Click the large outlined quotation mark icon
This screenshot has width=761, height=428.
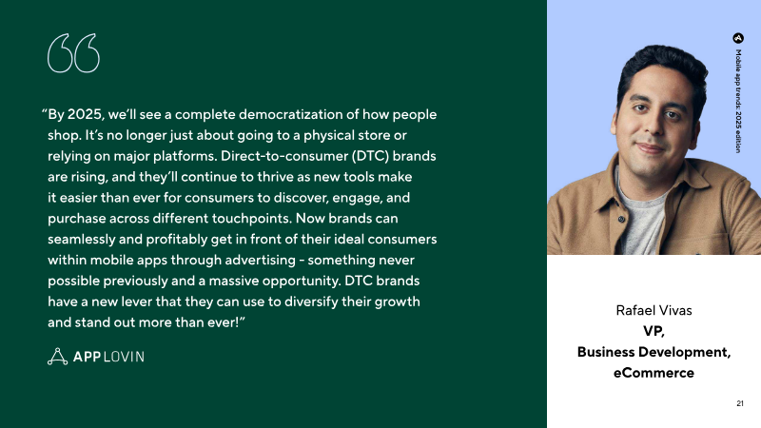(74, 53)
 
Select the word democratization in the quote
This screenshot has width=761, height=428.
(290, 114)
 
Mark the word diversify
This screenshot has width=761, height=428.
(311, 302)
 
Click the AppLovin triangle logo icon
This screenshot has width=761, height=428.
(57, 356)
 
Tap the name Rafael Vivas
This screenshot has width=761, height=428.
(654, 311)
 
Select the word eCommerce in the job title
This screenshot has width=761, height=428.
(654, 373)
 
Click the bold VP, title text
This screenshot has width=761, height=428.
(654, 331)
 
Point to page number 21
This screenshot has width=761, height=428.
(740, 403)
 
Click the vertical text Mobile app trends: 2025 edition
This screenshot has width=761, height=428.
(738, 101)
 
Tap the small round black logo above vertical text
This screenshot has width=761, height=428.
(738, 38)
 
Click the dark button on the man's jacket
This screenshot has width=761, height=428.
(622, 220)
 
